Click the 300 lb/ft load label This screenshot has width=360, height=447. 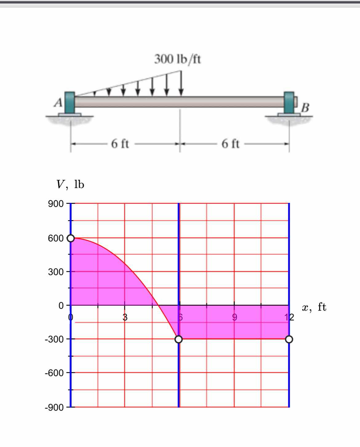click(178, 59)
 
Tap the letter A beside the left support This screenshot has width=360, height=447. click(58, 103)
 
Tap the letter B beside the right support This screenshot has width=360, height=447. click(305, 108)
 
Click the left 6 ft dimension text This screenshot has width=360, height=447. click(120, 143)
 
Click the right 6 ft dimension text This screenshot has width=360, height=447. click(230, 143)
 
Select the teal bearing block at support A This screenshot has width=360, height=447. click(70, 103)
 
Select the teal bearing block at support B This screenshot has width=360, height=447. click(289, 103)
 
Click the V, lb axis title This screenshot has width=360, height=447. click(70, 184)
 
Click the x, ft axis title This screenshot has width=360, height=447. click(314, 307)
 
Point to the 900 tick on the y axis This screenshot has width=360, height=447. click(56, 204)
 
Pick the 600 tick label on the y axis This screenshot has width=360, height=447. click(56, 238)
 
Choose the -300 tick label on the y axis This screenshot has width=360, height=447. click(54, 339)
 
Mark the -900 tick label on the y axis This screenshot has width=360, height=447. click(54, 408)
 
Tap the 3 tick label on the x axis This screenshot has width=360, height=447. click(125, 317)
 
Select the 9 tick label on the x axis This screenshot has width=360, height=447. click(234, 317)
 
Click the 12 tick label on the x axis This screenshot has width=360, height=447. click(289, 317)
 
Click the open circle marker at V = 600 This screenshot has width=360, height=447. click(71, 238)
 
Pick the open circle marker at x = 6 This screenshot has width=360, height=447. click(178, 339)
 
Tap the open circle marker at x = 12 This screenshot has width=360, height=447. click(289, 339)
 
